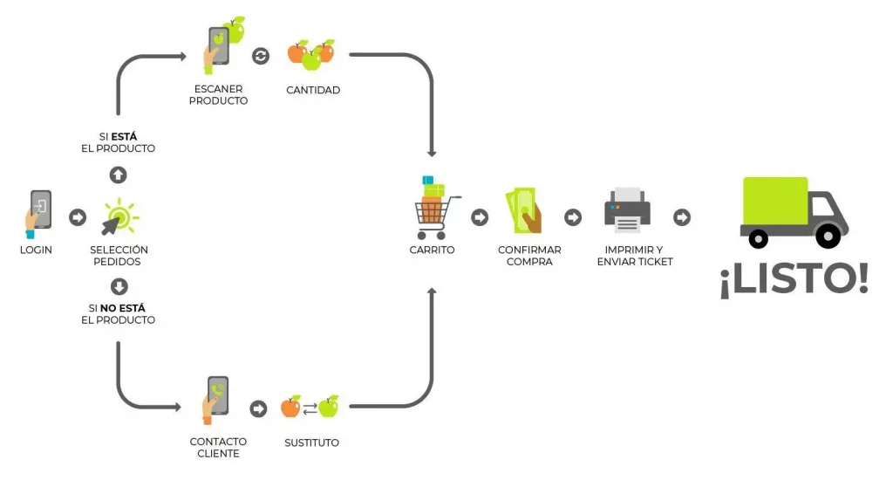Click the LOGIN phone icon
38,212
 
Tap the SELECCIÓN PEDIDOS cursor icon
119,217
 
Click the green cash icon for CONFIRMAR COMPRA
523,212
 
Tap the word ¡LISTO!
794,279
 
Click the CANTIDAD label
313,90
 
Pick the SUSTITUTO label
311,442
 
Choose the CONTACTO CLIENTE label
218,448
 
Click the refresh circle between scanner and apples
261,56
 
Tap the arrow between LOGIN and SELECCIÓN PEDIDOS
78,217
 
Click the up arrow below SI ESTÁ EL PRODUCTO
119,175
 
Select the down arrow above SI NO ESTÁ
119,286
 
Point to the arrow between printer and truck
682,217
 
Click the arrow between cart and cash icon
480,217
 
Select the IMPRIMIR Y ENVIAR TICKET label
635,256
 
